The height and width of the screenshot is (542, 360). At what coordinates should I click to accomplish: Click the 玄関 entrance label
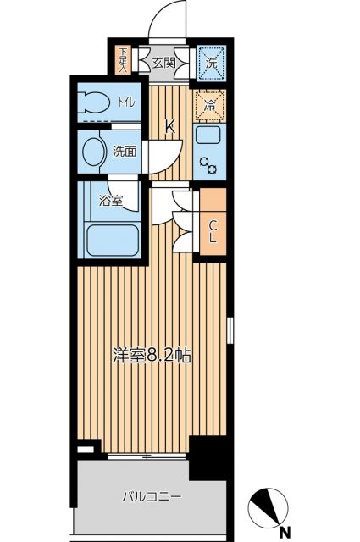click(x=164, y=61)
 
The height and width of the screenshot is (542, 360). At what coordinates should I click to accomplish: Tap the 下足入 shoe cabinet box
click(x=125, y=59)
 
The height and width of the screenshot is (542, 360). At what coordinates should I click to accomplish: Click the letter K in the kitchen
click(x=169, y=128)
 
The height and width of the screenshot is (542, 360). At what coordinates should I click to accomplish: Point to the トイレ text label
click(x=125, y=103)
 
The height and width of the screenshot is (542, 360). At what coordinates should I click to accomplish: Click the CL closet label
click(x=213, y=231)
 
